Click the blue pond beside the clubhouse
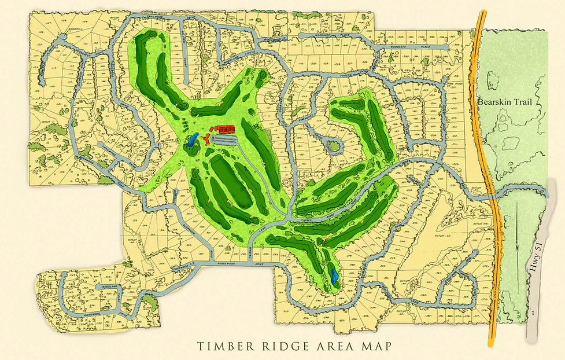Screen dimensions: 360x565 click(193, 140)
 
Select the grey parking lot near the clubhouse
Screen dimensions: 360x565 click(223, 140)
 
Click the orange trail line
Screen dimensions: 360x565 click(489, 174)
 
